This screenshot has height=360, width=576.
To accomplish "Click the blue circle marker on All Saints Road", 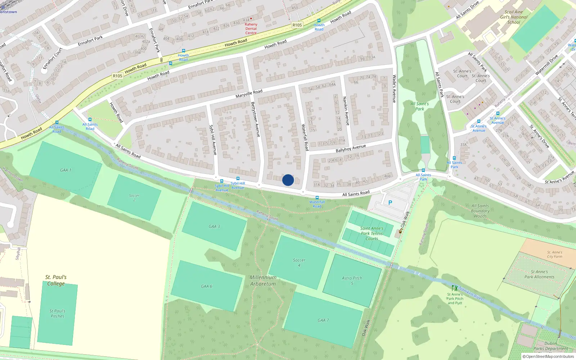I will pos(288,180).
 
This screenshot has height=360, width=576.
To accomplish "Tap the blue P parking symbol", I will pos(390,203).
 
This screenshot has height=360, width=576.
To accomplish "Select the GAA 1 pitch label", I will pos(66,170).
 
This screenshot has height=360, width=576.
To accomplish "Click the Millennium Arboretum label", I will pos(263,280).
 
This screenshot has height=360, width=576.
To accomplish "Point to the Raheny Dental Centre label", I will pos(251,28).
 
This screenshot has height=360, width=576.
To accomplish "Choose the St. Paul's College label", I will pos(56,280).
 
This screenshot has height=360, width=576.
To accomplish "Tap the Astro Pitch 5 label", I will pos(352,280).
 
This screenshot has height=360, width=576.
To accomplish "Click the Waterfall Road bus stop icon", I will pos(317,198).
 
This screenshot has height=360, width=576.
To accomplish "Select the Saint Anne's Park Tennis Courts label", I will pos(372,233).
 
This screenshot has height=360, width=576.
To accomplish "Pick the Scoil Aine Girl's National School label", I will pos(514,17).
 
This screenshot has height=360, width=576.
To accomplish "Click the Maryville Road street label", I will pos(249,94).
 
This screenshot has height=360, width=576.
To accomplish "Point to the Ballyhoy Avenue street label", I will pos(351,148).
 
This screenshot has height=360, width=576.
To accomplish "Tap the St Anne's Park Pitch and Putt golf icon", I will pos(455,288).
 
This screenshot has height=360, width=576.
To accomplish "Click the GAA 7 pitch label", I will pos(323,320).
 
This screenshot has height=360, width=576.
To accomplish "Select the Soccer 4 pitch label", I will pos(299,262).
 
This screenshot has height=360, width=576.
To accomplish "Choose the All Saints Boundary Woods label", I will pos(480,211).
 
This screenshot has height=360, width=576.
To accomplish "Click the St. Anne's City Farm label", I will pos(554,255).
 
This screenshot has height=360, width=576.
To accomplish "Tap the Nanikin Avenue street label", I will pos(346,111).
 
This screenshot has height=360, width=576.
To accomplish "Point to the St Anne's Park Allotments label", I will pos(539,274).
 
